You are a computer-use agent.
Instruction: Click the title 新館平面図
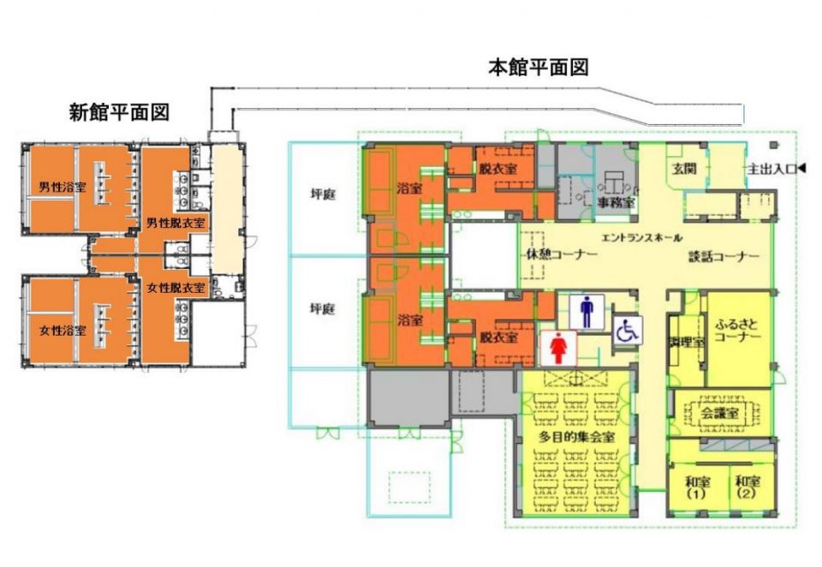[119, 111]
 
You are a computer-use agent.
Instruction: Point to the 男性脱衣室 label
[175, 224]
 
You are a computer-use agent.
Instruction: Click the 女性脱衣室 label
[175, 287]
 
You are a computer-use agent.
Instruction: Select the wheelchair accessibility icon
[627, 331]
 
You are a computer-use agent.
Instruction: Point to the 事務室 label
[616, 203]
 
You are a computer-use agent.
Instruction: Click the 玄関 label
[682, 169]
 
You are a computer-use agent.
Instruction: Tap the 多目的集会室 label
[573, 437]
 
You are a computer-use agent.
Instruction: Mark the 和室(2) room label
[747, 487]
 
